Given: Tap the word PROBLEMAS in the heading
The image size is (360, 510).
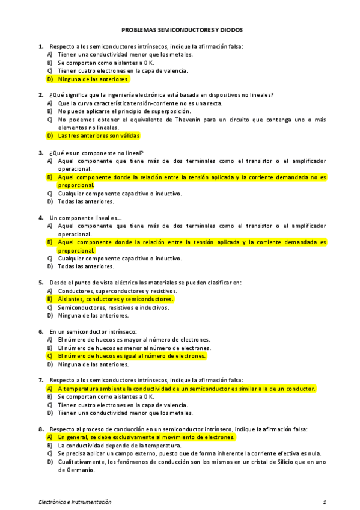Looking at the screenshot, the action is pos(138,29).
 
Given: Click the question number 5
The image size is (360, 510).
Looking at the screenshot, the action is pos(40,282).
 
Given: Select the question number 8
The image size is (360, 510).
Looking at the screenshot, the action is pos(40,429).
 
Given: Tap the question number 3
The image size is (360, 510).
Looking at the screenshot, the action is pos(40,152).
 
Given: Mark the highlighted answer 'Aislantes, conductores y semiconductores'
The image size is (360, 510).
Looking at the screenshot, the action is pos(115,299).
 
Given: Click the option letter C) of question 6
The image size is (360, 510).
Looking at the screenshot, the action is pos(50,356).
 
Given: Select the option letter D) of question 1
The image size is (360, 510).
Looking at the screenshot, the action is pos(50,79).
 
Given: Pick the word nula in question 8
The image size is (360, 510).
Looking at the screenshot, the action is pos(314,453).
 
